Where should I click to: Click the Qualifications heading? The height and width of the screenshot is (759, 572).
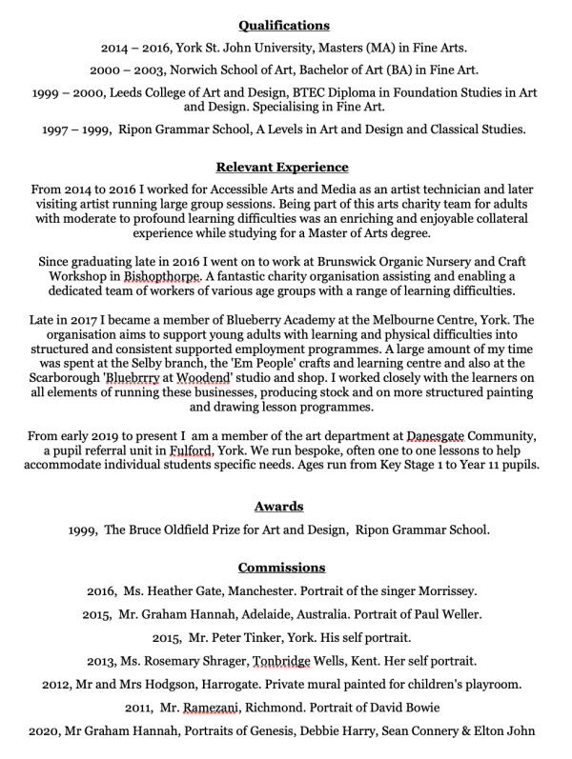tap(283, 25)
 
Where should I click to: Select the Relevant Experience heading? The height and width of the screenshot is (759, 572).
tap(282, 167)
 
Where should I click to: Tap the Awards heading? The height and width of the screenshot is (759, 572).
tap(278, 506)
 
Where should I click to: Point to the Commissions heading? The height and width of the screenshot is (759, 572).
tap(282, 567)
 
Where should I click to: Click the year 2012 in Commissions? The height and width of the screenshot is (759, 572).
tap(58, 684)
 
